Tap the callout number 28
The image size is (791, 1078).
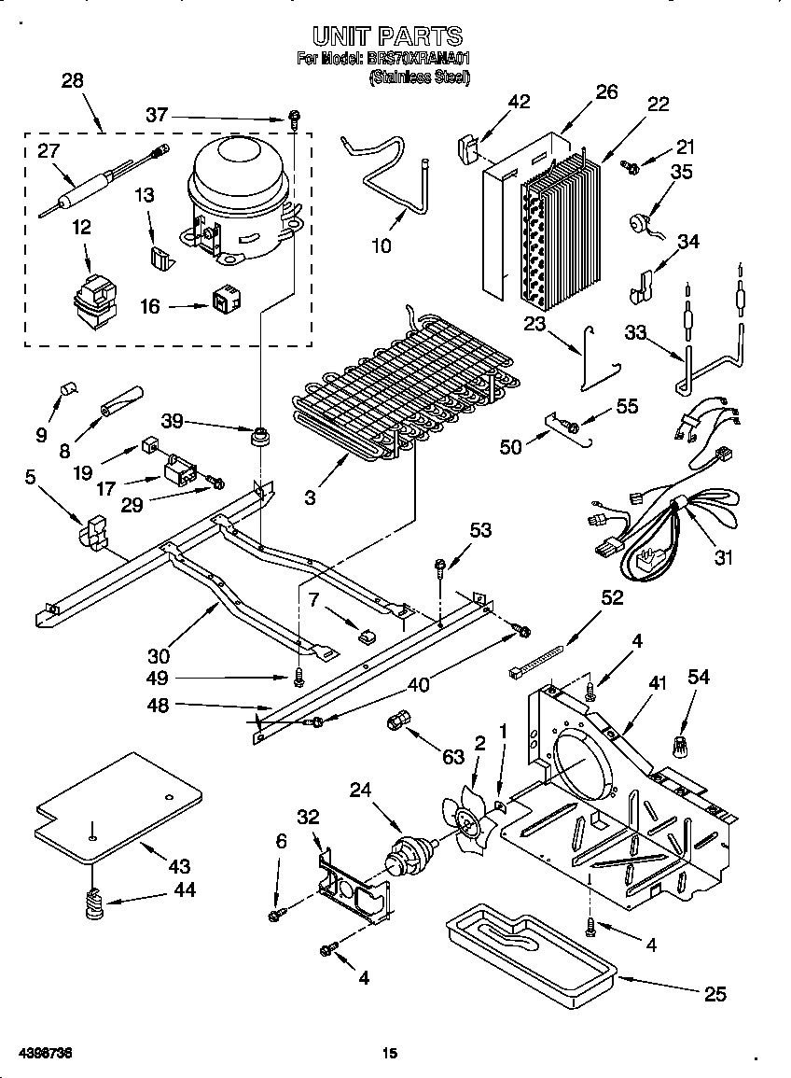(x=72, y=81)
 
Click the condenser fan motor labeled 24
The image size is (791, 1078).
(x=411, y=853)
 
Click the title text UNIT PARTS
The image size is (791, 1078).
(x=386, y=36)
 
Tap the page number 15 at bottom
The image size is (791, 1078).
(x=390, y=1054)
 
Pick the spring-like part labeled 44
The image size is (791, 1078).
(x=93, y=904)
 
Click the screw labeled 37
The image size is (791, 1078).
(x=294, y=119)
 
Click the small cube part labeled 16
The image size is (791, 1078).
(x=225, y=301)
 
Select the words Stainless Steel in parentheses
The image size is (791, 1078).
(x=419, y=78)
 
